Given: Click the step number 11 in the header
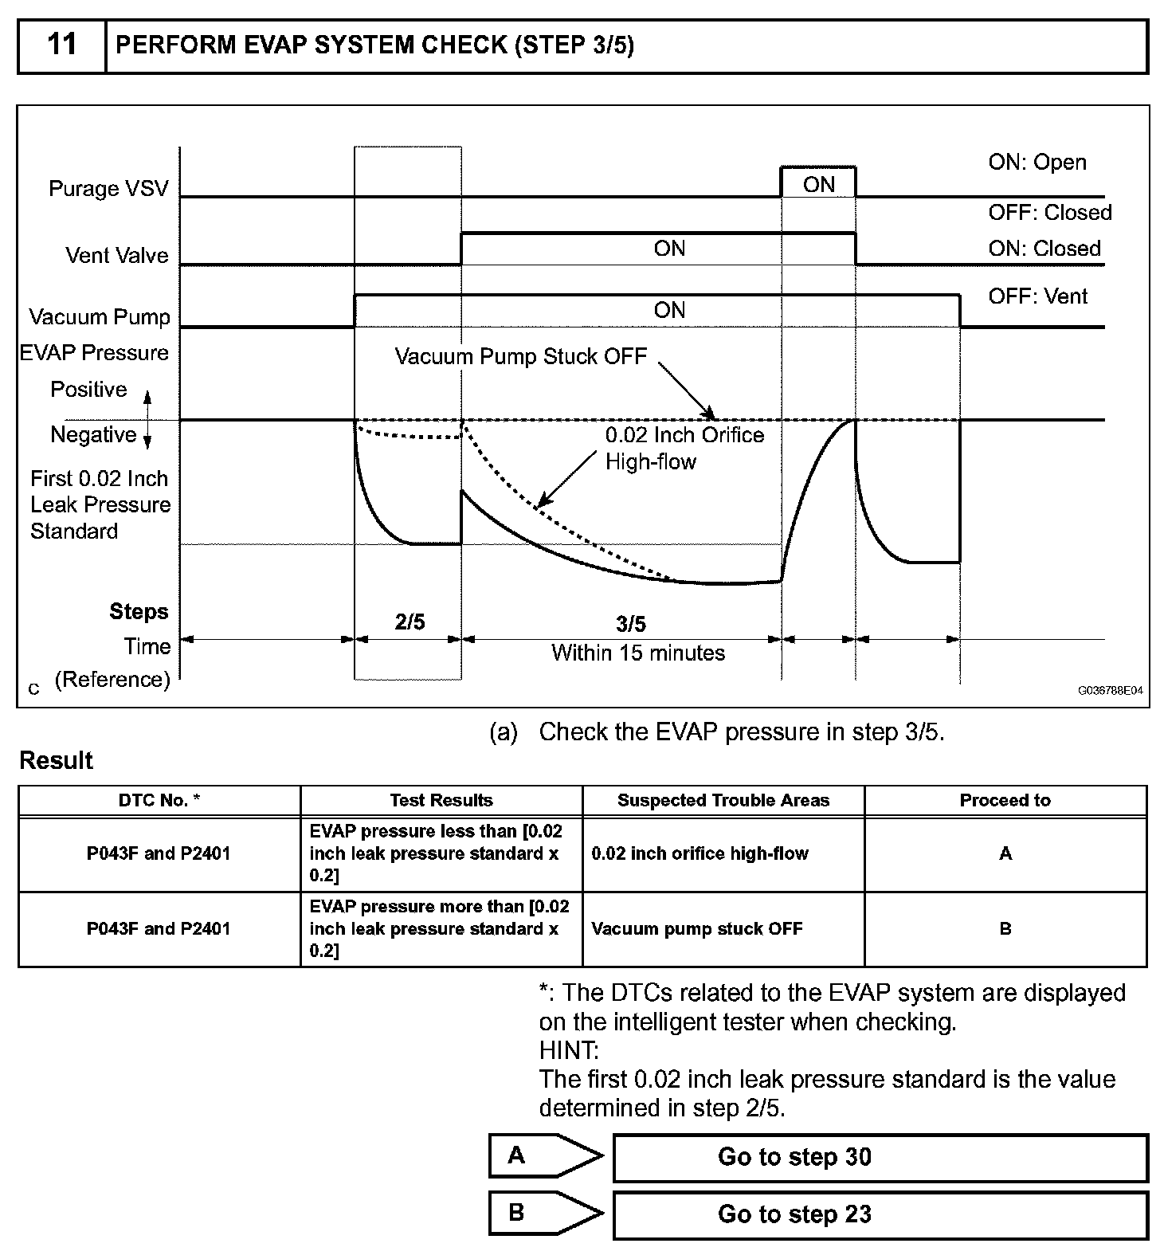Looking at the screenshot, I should point(62,45).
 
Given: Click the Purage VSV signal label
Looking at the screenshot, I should point(108,189).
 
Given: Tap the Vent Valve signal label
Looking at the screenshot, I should point(117,256).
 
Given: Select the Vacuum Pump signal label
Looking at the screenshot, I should point(100,317).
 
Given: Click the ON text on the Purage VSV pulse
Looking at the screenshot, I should point(818,185).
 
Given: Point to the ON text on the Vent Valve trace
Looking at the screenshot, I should point(669,249).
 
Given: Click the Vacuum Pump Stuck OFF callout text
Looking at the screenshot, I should point(521,356).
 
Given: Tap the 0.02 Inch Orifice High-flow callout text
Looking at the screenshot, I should point(684,448).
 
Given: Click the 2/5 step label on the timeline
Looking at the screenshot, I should point(410,622).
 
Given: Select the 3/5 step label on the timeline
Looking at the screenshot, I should point(631,624).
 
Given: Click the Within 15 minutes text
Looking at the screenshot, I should point(638,653).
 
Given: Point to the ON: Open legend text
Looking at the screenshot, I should point(1037,163).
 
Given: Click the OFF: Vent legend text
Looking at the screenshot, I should point(1037,297).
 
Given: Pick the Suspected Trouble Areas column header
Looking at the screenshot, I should point(723,801).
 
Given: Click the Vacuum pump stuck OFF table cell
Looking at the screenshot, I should point(697,929).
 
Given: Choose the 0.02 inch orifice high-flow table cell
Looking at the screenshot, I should point(700,854).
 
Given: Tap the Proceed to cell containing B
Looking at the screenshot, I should point(1005,929).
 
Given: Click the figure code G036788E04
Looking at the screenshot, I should point(1110,691).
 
